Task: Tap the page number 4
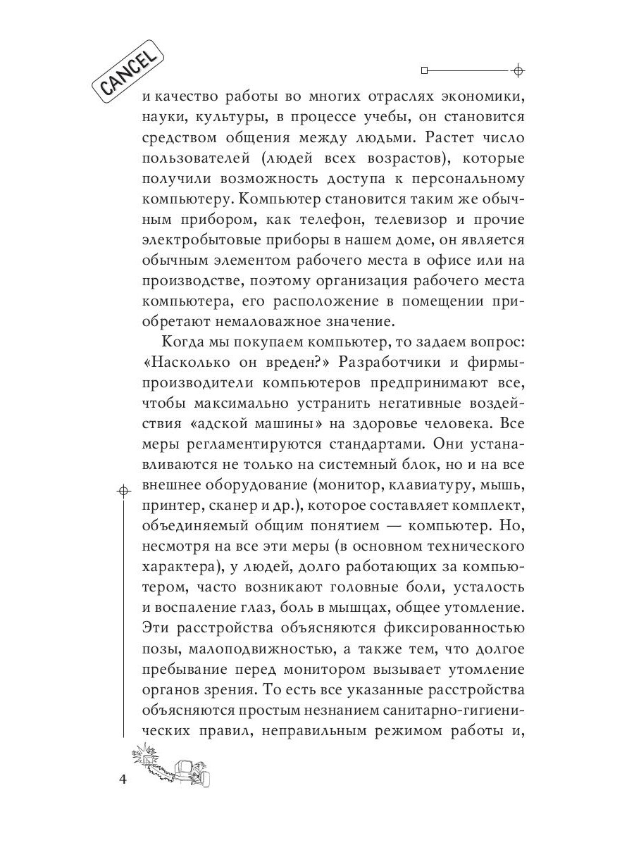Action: (x=124, y=781)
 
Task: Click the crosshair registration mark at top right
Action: (x=518, y=71)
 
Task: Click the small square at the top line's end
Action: (x=424, y=71)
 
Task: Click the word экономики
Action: (x=475, y=96)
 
